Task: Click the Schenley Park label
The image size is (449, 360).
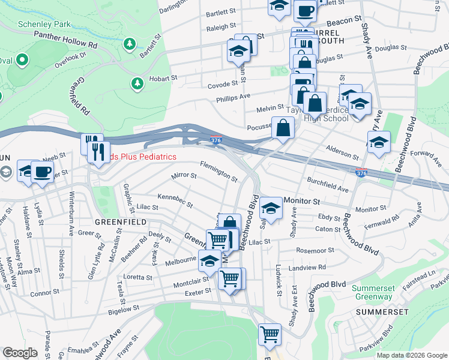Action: click(44, 25)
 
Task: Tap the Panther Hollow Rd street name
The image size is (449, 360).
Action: click(65, 40)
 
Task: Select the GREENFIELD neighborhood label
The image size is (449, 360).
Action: click(121, 222)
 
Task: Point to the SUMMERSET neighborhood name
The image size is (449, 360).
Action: click(382, 313)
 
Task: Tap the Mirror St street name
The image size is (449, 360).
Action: click(184, 176)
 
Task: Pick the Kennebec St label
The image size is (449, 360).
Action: click(175, 200)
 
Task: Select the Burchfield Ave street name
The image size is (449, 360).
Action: click(327, 184)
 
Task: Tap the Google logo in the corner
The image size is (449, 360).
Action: click(20, 353)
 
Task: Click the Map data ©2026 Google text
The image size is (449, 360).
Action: click(412, 355)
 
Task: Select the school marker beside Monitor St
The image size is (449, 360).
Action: click(271, 208)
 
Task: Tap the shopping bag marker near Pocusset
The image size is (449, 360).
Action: click(283, 128)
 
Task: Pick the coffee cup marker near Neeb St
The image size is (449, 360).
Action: click(42, 172)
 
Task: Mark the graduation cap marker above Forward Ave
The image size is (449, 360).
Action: click(378, 143)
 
